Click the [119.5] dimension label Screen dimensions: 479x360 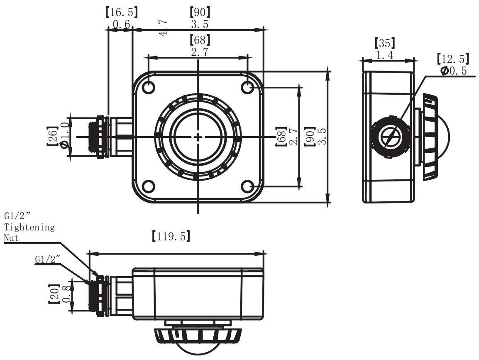[x=171, y=236]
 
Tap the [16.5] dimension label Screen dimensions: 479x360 [x=121, y=12]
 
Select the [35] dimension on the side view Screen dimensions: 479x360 [x=385, y=43]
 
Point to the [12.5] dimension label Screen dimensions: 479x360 [x=453, y=59]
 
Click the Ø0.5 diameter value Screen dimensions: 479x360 [x=454, y=71]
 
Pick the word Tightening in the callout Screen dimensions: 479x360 [x=29, y=228]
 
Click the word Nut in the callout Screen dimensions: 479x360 [x=11, y=238]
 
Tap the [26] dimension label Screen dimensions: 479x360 [x=52, y=136]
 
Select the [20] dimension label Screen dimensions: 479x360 [x=54, y=294]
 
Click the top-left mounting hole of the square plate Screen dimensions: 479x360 [x=149, y=87]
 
